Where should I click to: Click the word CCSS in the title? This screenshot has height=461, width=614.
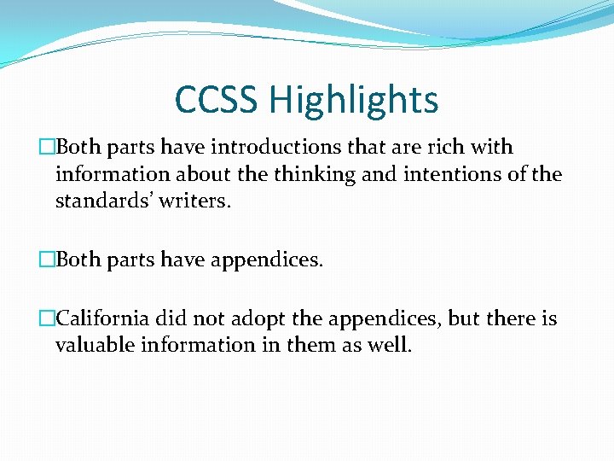(217, 100)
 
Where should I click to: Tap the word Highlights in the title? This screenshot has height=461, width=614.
(353, 100)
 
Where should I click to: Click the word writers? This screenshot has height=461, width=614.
(199, 203)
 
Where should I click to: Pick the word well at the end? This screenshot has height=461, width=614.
(390, 346)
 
